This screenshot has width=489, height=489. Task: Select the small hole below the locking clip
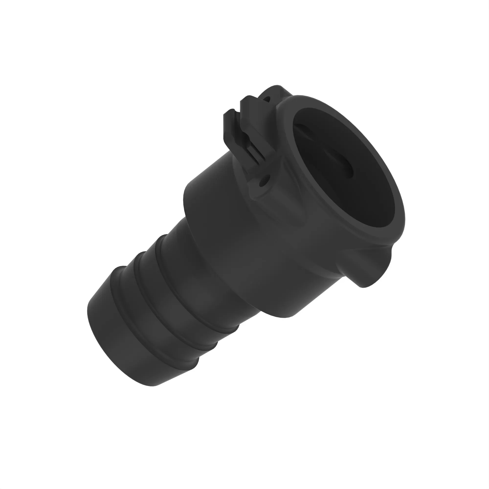click(x=264, y=182)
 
